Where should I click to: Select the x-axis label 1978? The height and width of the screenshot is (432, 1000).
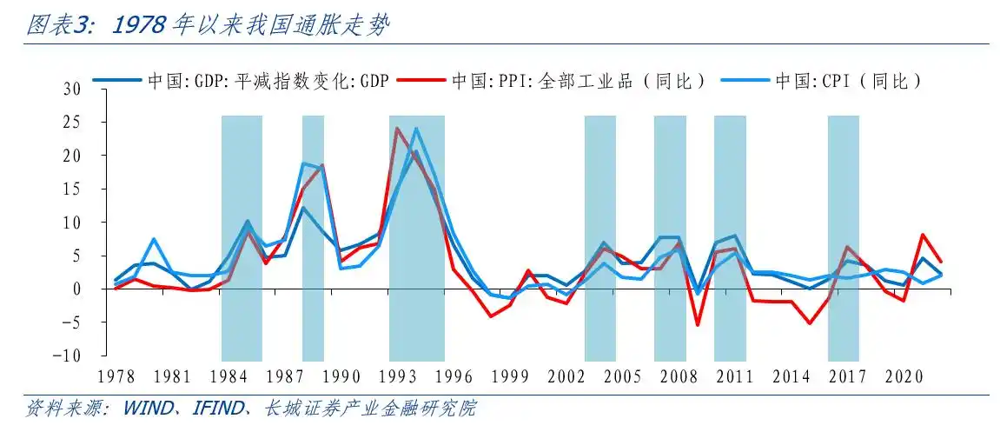click(116, 376)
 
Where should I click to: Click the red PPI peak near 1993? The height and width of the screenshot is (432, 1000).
click(397, 129)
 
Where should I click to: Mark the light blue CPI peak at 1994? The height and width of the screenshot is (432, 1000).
click(416, 129)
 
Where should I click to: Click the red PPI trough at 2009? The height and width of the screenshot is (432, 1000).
click(697, 325)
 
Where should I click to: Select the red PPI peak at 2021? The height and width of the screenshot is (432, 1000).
click(922, 235)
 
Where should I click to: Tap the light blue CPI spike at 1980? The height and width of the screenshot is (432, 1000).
click(154, 239)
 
